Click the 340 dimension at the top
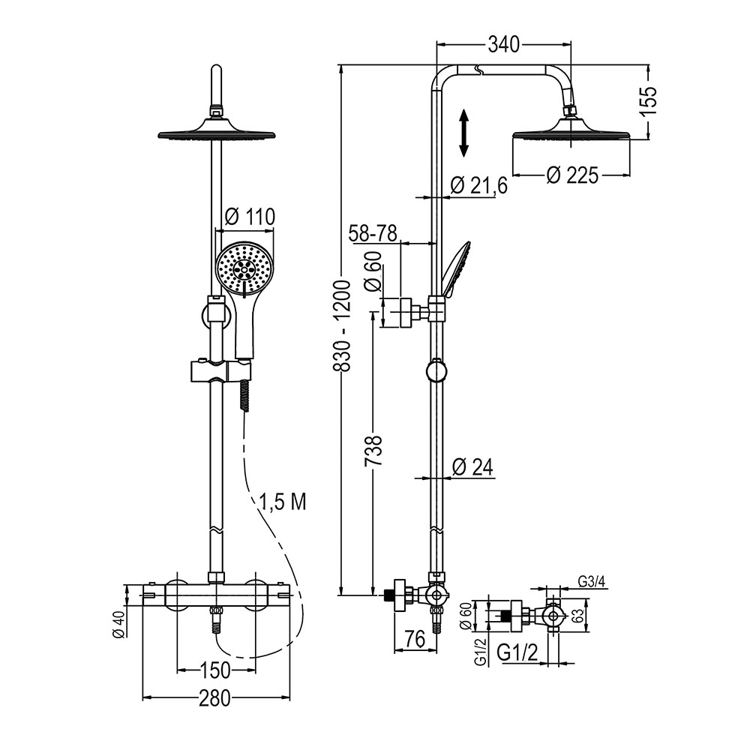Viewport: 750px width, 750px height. [504, 45]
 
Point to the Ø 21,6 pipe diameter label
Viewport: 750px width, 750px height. [480, 184]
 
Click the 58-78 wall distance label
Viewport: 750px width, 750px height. [373, 234]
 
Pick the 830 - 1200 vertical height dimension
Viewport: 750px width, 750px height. [341, 326]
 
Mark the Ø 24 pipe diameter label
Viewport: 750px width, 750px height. [472, 467]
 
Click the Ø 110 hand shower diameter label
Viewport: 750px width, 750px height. [250, 217]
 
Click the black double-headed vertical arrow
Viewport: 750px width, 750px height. [464, 133]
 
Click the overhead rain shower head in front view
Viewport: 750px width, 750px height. [216, 133]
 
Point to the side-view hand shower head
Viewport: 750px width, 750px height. [456, 268]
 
